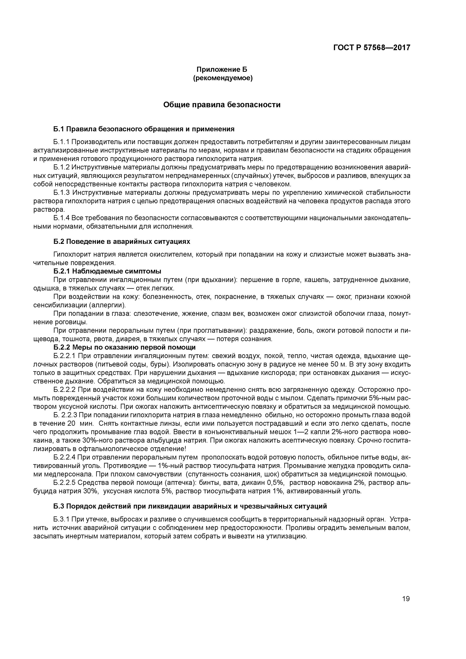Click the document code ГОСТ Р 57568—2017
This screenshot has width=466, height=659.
click(x=372, y=47)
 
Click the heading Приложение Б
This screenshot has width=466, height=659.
click(x=222, y=69)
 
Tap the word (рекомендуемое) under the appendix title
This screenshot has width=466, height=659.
click(x=223, y=78)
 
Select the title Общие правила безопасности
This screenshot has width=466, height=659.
click(x=222, y=105)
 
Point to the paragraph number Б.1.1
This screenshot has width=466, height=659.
click(x=62, y=142)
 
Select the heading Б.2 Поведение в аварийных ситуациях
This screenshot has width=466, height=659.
click(x=122, y=242)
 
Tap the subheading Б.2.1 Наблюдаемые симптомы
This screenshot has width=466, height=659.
click(x=107, y=271)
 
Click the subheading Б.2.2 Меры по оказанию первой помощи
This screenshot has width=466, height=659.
click(x=124, y=347)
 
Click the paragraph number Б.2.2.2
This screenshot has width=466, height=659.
click(x=64, y=390)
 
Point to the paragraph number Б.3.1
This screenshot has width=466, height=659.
click(x=62, y=519)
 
